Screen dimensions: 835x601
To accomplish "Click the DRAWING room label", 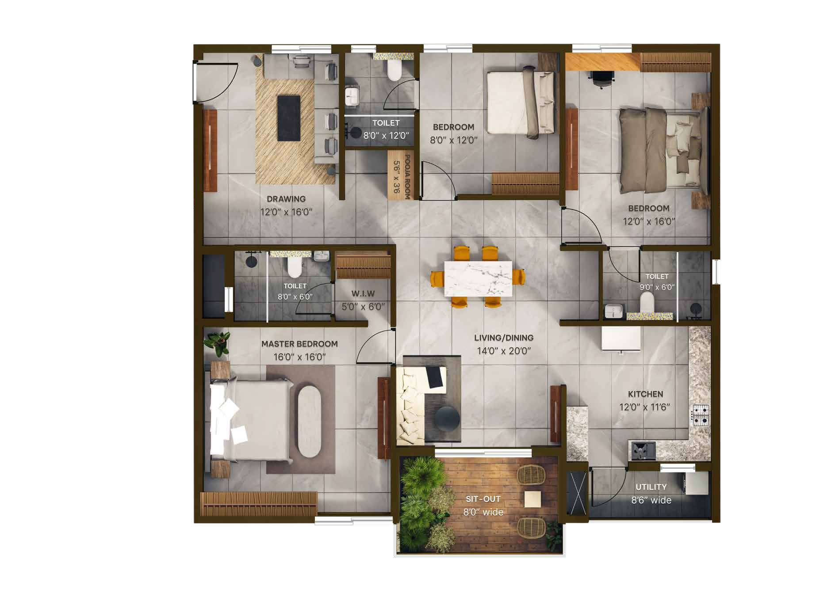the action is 286,199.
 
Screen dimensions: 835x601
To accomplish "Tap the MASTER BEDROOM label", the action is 299,344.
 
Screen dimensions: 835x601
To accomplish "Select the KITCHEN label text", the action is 646,394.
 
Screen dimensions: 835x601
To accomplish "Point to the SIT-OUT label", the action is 483,499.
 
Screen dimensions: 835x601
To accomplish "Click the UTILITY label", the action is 651,487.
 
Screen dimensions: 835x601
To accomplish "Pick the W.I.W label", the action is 363,293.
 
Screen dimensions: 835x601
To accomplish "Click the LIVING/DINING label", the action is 504,338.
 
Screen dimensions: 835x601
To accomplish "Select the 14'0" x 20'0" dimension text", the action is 504,351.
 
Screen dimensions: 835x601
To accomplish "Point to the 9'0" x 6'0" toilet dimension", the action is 657,287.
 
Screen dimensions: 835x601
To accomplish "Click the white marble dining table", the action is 478,279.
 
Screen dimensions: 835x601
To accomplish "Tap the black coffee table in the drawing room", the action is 289,118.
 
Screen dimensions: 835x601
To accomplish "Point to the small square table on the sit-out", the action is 532,499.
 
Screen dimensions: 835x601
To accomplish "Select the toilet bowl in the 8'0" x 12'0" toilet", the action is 394,70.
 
